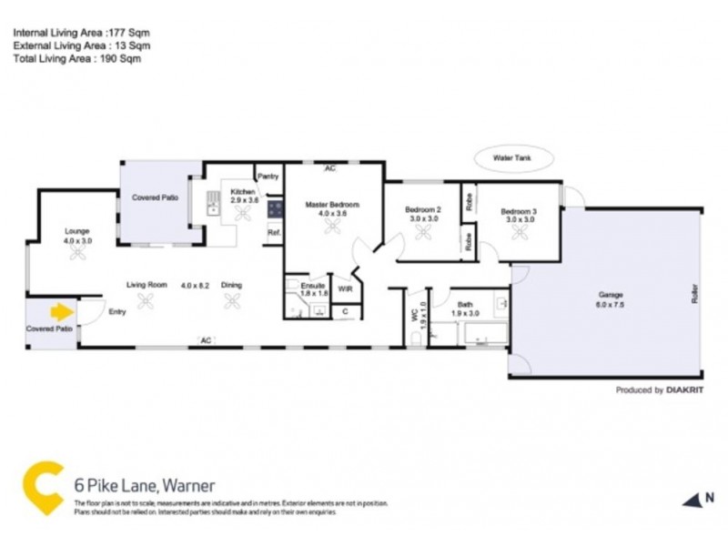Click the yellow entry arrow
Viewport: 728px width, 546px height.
(x=61, y=312)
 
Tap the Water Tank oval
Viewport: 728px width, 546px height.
(x=514, y=157)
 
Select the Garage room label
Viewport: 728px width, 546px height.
(x=610, y=294)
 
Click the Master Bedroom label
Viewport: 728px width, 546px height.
(x=332, y=205)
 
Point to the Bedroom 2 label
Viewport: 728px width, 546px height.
(x=422, y=211)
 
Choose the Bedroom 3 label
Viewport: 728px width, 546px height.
(x=519, y=211)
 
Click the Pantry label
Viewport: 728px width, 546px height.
(x=268, y=176)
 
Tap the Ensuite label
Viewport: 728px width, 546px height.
(x=312, y=286)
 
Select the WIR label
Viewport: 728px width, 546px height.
(x=345, y=289)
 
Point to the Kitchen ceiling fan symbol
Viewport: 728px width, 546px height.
(x=243, y=214)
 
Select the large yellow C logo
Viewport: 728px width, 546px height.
(x=42, y=489)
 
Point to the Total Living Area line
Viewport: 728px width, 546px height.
(x=76, y=58)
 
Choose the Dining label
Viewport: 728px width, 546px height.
(x=231, y=285)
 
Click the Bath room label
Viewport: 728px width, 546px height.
(x=465, y=304)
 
